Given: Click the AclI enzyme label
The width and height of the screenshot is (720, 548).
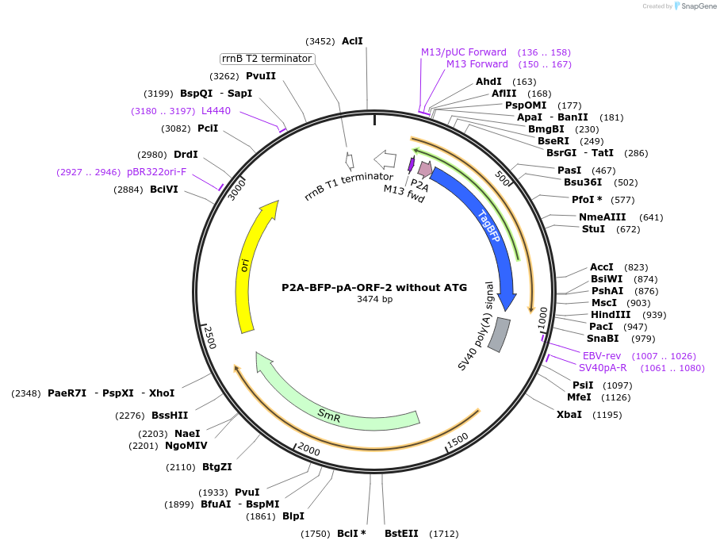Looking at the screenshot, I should pyautogui.click(x=352, y=41).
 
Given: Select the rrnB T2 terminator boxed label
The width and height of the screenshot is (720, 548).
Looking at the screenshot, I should pyautogui.click(x=267, y=59).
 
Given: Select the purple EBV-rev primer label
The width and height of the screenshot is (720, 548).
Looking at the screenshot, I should pyautogui.click(x=602, y=355).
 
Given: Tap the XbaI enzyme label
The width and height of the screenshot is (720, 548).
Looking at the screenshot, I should pyautogui.click(x=569, y=414).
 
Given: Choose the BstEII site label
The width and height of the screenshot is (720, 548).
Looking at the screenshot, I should pyautogui.click(x=401, y=533).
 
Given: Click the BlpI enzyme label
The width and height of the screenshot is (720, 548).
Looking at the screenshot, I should pyautogui.click(x=293, y=516).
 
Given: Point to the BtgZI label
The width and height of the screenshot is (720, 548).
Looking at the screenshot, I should pyautogui.click(x=216, y=467).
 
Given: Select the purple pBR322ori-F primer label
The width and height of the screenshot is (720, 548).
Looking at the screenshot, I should pyautogui.click(x=156, y=171).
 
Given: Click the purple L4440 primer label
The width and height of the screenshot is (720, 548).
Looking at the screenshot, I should pyautogui.click(x=216, y=111).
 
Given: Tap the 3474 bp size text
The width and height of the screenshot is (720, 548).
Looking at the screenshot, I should pyautogui.click(x=374, y=299).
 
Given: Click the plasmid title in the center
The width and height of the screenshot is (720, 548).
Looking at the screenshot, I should pyautogui.click(x=374, y=287).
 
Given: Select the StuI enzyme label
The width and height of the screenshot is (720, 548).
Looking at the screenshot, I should pyautogui.click(x=593, y=229).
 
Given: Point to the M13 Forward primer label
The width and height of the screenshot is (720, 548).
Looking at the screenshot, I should pyautogui.click(x=477, y=64).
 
